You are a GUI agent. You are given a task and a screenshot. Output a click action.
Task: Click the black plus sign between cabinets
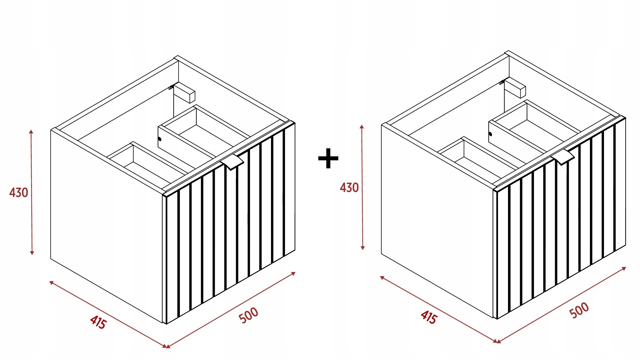tap(328, 158)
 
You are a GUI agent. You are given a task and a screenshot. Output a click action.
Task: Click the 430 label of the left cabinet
tap(19, 193)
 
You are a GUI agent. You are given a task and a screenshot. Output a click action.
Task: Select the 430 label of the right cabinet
tap(349, 188)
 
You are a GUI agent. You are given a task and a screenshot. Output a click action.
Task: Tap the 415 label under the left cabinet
tap(98, 322)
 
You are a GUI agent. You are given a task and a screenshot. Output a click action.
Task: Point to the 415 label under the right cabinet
tap(429, 317)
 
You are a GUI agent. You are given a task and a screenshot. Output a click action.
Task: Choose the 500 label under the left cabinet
tap(249, 315)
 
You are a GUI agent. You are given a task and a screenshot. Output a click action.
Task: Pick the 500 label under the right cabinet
tap(579, 310)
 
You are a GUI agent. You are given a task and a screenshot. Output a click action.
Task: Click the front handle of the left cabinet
tap(232, 162)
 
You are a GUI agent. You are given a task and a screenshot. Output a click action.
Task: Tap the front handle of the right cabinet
tap(563, 157)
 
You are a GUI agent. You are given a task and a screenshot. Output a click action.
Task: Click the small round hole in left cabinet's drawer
tap(160, 139)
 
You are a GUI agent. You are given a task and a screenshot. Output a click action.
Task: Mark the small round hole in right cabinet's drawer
tap(490, 134)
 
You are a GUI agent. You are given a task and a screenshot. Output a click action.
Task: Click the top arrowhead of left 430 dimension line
tap(31, 132)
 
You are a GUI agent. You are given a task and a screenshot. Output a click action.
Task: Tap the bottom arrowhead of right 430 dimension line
tap(363, 248)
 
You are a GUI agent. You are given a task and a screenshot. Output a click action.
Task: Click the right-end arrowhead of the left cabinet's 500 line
tap(293, 274)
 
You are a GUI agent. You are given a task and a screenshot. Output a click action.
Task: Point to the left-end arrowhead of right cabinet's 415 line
tap(382, 278)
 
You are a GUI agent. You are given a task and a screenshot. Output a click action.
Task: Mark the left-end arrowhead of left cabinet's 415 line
tap(52, 283)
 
